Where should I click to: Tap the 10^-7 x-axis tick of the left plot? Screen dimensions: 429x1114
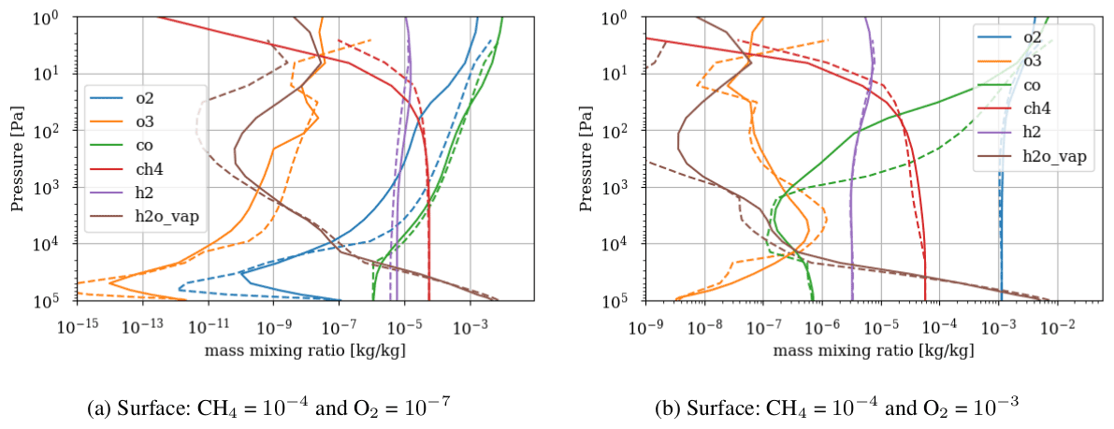(339, 325)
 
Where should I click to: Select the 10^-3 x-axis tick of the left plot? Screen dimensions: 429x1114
(470, 325)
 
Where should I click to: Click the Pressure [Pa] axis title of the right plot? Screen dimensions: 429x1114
(588, 159)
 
